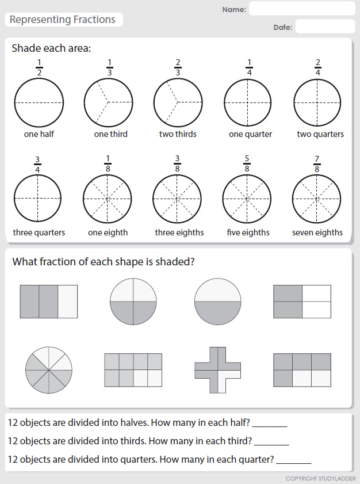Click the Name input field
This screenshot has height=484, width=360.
click(301, 9)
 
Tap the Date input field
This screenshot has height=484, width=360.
click(324, 26)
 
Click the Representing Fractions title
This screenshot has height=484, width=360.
click(63, 20)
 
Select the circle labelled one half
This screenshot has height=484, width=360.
click(39, 102)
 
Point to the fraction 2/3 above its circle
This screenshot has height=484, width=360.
click(178, 67)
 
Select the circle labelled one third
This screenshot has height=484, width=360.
click(108, 102)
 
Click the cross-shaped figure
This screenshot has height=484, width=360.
click(217, 369)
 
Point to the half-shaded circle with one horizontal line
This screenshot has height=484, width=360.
click(217, 302)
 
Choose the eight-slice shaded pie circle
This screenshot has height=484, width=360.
click(49, 369)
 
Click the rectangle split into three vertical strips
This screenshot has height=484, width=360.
click(48, 302)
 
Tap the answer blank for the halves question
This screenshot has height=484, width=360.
click(269, 423)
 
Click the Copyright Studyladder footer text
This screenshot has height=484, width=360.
click(320, 478)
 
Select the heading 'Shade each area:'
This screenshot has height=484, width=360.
click(51, 48)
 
